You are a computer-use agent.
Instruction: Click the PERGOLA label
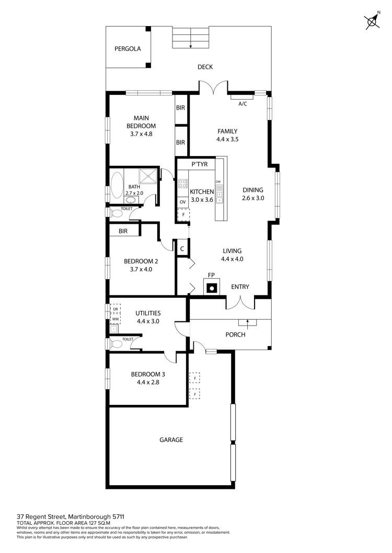click(x=128, y=49)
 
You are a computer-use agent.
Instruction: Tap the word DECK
click(x=205, y=67)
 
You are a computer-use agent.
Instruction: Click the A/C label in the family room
click(x=243, y=104)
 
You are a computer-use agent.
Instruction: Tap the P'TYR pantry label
click(x=200, y=164)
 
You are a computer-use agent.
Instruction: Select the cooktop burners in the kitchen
click(x=183, y=184)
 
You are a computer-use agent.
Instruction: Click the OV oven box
click(x=183, y=202)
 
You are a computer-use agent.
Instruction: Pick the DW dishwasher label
click(x=218, y=181)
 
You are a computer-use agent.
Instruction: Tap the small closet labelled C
click(x=182, y=249)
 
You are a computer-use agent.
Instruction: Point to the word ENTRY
click(x=240, y=287)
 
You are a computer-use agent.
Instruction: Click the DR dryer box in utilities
click(x=115, y=309)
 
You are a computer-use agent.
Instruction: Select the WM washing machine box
click(x=115, y=319)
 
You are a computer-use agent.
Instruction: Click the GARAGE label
click(x=171, y=440)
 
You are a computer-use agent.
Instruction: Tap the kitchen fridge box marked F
click(x=183, y=214)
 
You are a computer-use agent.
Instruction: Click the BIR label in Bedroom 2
click(x=123, y=231)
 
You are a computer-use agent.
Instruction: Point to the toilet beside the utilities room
click(x=116, y=343)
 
